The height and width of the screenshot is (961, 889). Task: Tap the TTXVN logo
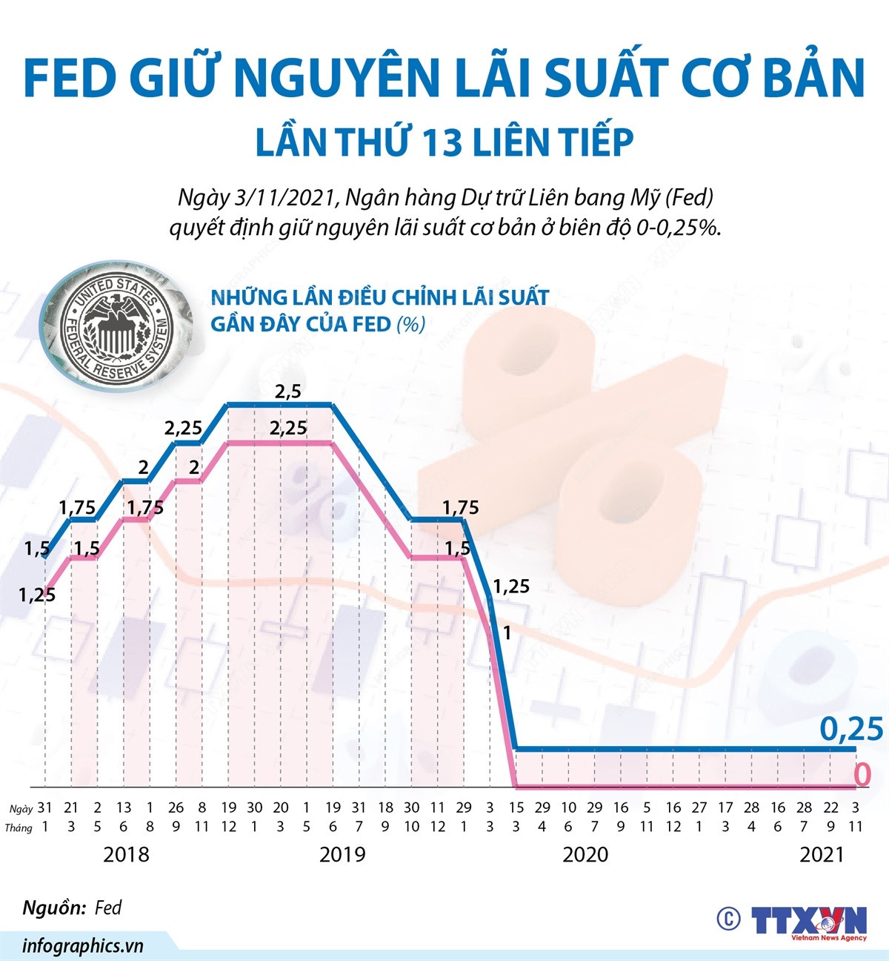click(809, 920)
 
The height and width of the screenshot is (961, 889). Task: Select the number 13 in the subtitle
click(444, 143)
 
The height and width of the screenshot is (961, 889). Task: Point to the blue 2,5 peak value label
click(287, 392)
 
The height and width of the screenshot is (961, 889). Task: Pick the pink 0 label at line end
click(862, 775)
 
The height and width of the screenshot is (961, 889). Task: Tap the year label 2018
click(126, 854)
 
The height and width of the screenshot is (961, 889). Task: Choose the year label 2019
click(342, 854)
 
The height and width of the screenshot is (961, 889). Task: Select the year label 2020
click(585, 854)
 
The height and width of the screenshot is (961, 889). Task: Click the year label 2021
click(822, 854)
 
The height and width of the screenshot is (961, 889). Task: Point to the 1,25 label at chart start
click(37, 594)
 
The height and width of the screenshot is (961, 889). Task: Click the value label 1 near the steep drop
click(507, 633)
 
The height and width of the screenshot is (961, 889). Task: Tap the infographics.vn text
click(82, 945)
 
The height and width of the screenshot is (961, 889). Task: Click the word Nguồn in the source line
click(53, 908)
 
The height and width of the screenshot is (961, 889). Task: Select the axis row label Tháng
click(19, 828)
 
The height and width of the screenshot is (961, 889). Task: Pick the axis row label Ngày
click(21, 808)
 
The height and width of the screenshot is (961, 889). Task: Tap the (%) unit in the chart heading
click(410, 324)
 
